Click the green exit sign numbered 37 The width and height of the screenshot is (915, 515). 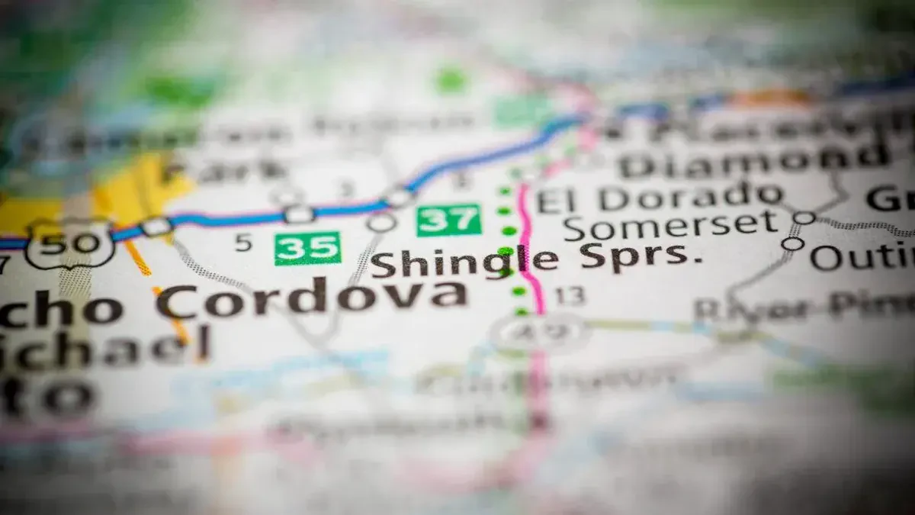coord(448,220)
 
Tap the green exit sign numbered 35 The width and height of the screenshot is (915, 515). coord(307,248)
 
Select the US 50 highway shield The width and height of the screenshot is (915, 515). coord(69,243)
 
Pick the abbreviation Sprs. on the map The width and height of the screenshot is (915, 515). coord(640,256)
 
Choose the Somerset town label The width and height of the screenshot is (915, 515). coord(671,226)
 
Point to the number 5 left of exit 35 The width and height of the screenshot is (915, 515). coord(242,243)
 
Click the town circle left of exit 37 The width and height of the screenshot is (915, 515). coord(381,222)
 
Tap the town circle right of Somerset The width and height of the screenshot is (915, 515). coord(804,217)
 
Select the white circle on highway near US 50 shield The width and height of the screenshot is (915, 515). coord(156,226)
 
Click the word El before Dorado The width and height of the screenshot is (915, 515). coord(554,201)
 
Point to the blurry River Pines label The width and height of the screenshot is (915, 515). coord(801,307)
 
